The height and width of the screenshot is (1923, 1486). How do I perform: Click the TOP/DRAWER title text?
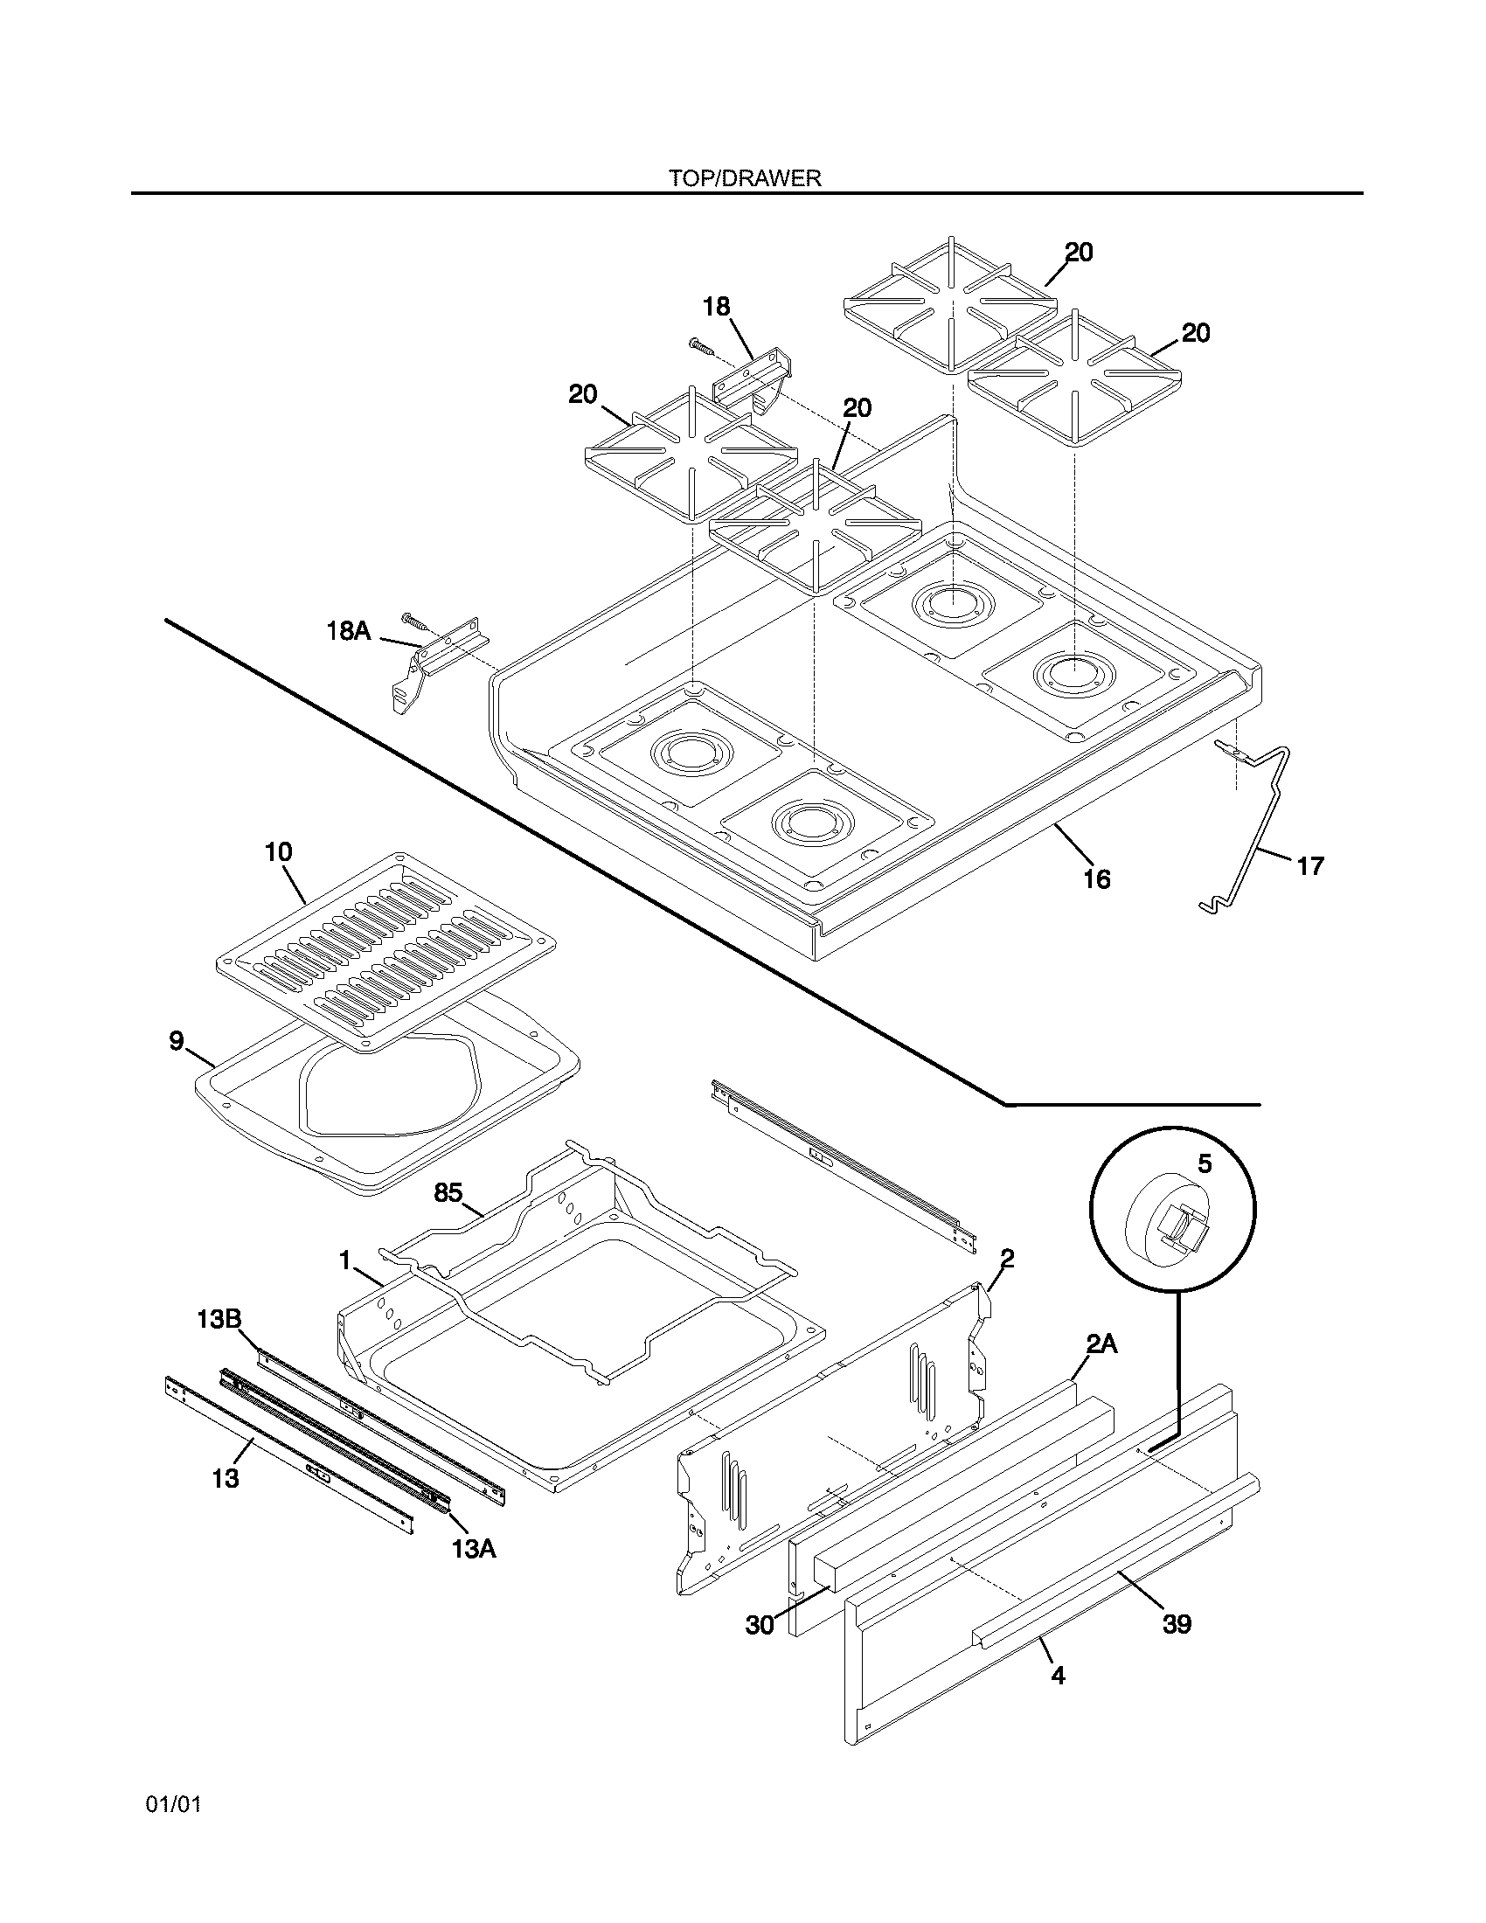(x=744, y=177)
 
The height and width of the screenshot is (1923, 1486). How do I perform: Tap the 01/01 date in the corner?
(x=173, y=1805)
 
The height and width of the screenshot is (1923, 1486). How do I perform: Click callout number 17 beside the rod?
(x=1310, y=866)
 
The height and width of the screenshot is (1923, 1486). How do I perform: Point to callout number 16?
(x=1097, y=878)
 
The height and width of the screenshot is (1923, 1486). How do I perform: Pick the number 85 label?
(x=448, y=1193)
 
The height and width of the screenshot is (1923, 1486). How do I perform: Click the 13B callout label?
(x=219, y=1319)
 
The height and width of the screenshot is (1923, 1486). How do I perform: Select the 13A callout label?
(x=474, y=1549)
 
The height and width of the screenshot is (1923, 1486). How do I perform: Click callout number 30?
(x=759, y=1625)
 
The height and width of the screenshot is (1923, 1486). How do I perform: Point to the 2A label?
(x=1101, y=1343)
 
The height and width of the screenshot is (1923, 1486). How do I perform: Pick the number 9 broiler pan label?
(x=177, y=1042)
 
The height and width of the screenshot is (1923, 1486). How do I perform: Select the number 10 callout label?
(x=279, y=852)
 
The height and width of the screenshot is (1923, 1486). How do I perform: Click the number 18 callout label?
(x=716, y=307)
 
